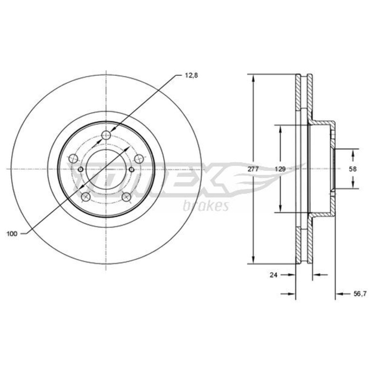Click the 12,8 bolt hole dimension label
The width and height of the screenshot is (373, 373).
pos(191,76)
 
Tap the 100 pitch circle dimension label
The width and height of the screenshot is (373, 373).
pos(12,234)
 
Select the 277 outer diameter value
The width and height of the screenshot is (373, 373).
pos(253,169)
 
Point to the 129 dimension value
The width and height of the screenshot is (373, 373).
pos(280,169)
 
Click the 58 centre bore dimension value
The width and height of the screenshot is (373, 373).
pos(353,169)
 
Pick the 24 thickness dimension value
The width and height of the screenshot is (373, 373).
pos(274,275)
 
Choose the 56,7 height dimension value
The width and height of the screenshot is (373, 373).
pos(359,294)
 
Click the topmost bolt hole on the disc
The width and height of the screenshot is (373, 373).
pos(106,136)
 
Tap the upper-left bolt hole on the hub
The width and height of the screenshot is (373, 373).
pos(73,158)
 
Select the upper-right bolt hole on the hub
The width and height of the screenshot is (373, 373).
pos(139,158)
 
